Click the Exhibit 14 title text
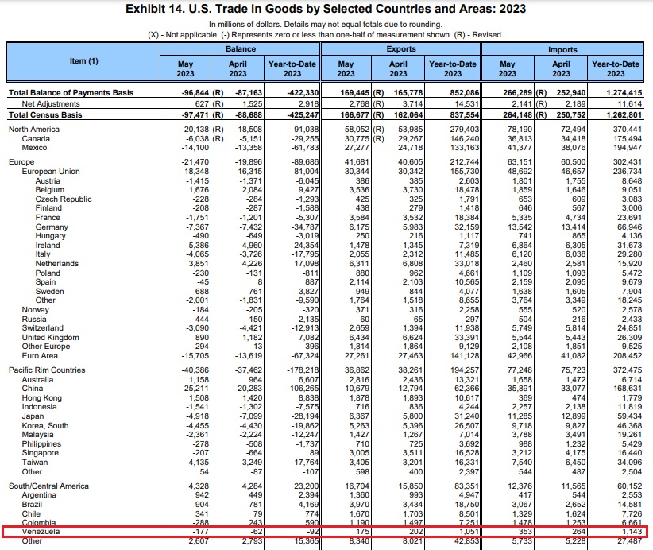tap(326, 10)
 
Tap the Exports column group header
tap(399, 49)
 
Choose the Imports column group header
tap(561, 49)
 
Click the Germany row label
tap(52, 227)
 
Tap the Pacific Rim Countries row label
tap(47, 370)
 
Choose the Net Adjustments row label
tap(50, 104)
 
